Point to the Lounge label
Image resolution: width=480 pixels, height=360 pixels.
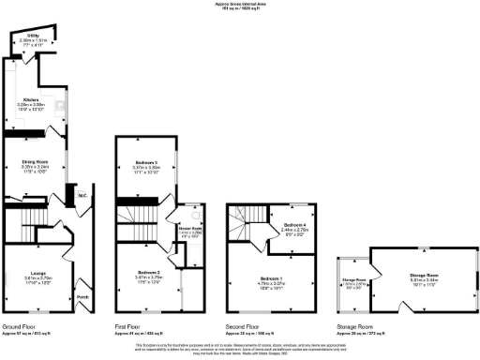(37, 274)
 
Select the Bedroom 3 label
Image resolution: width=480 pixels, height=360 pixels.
(144, 162)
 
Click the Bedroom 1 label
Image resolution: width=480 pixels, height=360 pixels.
(272, 278)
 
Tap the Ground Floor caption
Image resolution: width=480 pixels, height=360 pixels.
(22, 325)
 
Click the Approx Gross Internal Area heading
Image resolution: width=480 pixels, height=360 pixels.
(240, 5)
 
